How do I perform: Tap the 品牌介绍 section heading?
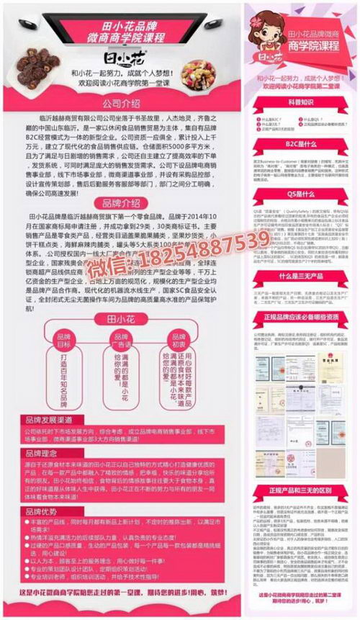point(122,202)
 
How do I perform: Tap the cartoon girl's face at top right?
point(268,29)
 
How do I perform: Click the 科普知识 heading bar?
point(302,103)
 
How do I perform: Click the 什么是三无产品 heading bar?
point(302,276)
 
